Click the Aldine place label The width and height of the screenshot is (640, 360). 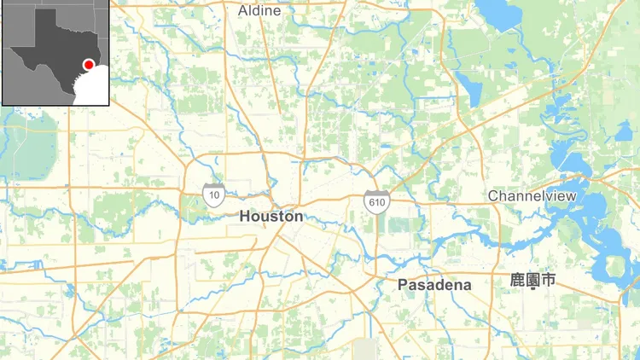(x=259, y=11)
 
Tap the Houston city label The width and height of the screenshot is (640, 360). (x=271, y=217)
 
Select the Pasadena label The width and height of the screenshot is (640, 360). (x=434, y=285)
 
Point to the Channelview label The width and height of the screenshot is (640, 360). (x=532, y=197)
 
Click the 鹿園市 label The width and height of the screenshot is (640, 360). (x=532, y=279)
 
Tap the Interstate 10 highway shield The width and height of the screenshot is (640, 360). (x=213, y=196)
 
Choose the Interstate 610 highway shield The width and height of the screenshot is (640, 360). (x=374, y=202)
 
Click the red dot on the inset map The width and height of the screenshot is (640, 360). (x=88, y=65)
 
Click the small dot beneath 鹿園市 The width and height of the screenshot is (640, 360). (x=532, y=289)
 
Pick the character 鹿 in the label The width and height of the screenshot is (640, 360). (x=517, y=279)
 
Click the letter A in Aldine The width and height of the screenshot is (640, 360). (x=242, y=11)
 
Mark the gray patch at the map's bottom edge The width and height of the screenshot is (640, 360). (x=367, y=350)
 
